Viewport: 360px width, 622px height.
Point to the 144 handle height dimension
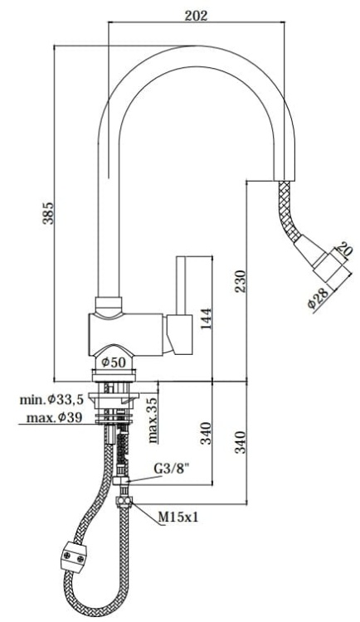click(205, 317)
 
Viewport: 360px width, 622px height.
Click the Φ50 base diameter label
click(113, 362)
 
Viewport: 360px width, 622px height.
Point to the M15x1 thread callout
click(178, 518)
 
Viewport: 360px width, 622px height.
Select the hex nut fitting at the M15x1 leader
click(124, 501)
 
